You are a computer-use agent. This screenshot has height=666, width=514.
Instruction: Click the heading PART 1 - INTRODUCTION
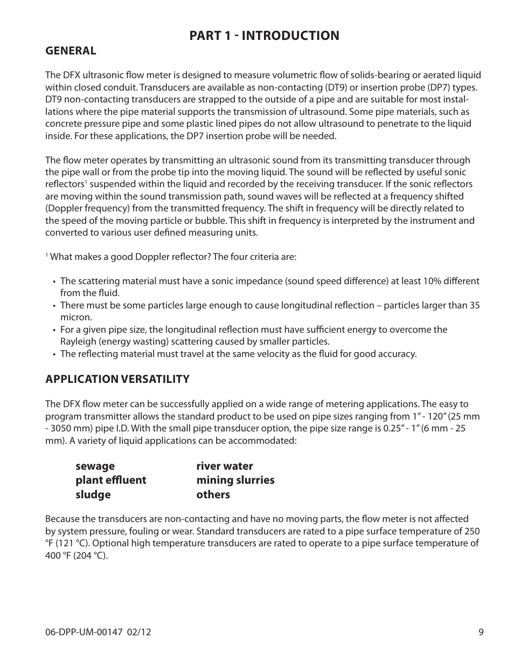click(x=264, y=36)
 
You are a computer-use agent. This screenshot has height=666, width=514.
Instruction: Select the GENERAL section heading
click(x=71, y=51)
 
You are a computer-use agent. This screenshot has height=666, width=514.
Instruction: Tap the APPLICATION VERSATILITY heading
click(x=117, y=379)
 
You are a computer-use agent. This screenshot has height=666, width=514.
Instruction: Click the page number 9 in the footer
click(x=481, y=632)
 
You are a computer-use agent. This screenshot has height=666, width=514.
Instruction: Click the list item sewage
click(x=95, y=466)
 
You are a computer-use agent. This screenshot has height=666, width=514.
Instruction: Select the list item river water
click(x=224, y=466)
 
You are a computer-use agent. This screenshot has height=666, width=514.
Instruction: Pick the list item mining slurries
click(x=235, y=480)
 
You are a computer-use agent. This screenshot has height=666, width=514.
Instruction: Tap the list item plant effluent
click(x=110, y=480)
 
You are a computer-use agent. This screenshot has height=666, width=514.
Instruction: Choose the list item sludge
click(x=93, y=495)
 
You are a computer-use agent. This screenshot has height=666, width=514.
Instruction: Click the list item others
click(x=213, y=495)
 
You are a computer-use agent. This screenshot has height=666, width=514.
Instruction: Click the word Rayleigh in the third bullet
click(x=76, y=342)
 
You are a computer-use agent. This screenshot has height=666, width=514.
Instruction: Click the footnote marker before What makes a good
click(x=47, y=255)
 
